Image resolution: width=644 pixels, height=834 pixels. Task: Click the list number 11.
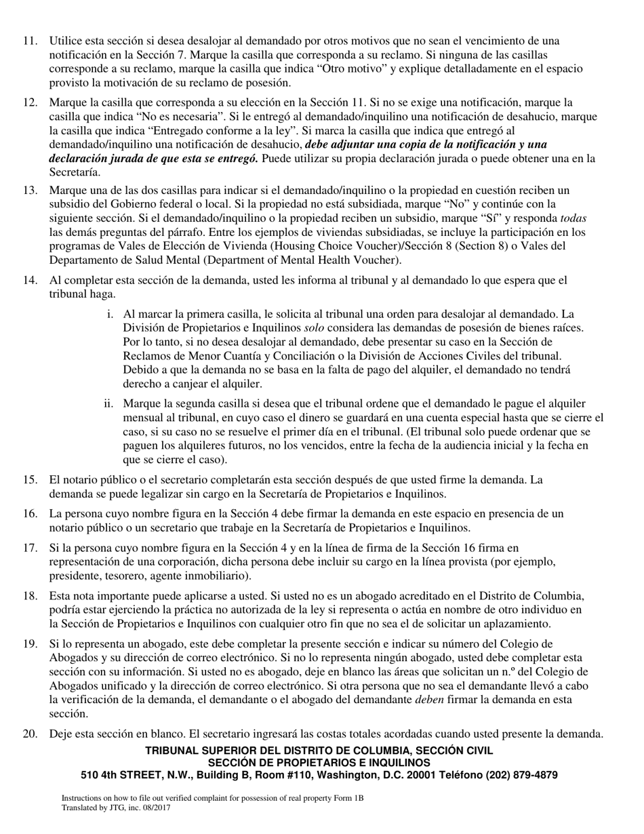point(30,41)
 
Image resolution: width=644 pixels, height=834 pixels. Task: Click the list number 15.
point(30,480)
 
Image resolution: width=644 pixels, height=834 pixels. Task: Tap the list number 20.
point(30,734)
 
